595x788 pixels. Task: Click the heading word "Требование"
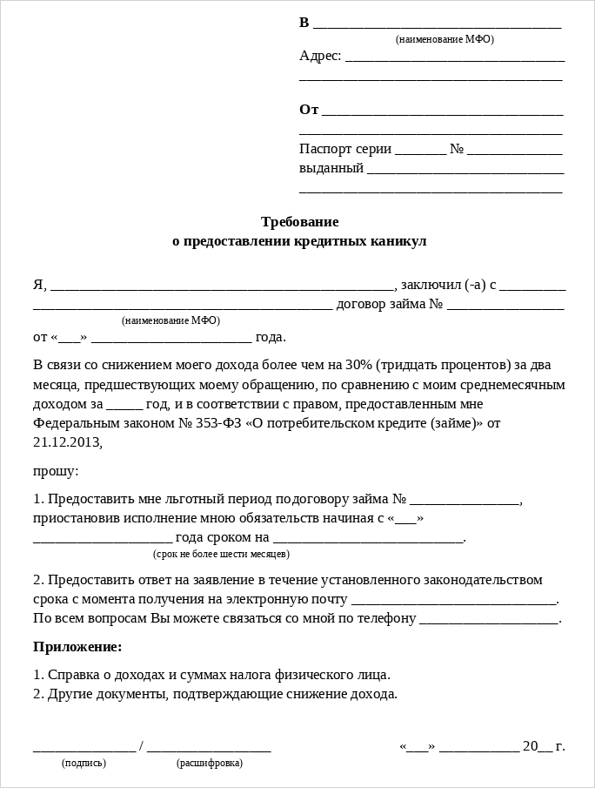pyautogui.click(x=299, y=222)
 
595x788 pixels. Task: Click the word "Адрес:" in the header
pyautogui.click(x=320, y=56)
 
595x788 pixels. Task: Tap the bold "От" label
pyautogui.click(x=309, y=110)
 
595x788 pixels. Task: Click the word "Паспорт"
pyautogui.click(x=324, y=149)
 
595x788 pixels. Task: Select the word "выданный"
pyautogui.click(x=331, y=168)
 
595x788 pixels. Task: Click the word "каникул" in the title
pyautogui.click(x=398, y=241)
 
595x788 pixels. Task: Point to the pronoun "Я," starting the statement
pyautogui.click(x=40, y=285)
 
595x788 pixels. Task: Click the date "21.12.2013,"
pyautogui.click(x=68, y=442)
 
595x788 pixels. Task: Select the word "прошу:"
pyautogui.click(x=56, y=471)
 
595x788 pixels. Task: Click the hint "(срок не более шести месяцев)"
pyautogui.click(x=221, y=554)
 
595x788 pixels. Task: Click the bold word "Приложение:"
pyautogui.click(x=77, y=647)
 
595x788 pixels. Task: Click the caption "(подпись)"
pyautogui.click(x=84, y=764)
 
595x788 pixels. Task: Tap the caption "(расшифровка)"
pyautogui.click(x=210, y=764)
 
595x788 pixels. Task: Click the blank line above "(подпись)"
pyautogui.click(x=84, y=749)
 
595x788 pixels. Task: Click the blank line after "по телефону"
pyautogui.click(x=489, y=621)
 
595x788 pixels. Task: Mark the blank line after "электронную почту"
pyautogui.click(x=453, y=602)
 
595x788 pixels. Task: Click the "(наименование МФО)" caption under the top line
pyautogui.click(x=445, y=39)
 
